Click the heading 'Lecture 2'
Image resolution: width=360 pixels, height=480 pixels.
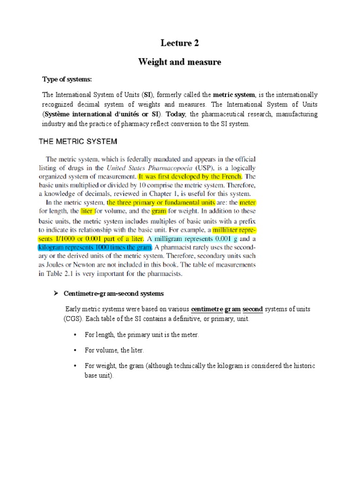[180, 44]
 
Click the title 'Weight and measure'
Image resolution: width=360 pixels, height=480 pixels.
[180, 62]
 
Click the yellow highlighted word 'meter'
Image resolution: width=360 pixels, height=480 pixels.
[247, 203]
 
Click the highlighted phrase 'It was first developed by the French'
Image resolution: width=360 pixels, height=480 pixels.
[190, 177]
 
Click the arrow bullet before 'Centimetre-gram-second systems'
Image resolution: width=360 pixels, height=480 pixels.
[54, 293]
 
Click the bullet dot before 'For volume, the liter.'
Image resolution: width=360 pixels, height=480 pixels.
[75, 350]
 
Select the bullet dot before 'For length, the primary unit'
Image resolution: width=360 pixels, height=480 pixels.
[75, 335]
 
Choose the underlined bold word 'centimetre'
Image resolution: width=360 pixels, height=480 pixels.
[207, 310]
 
